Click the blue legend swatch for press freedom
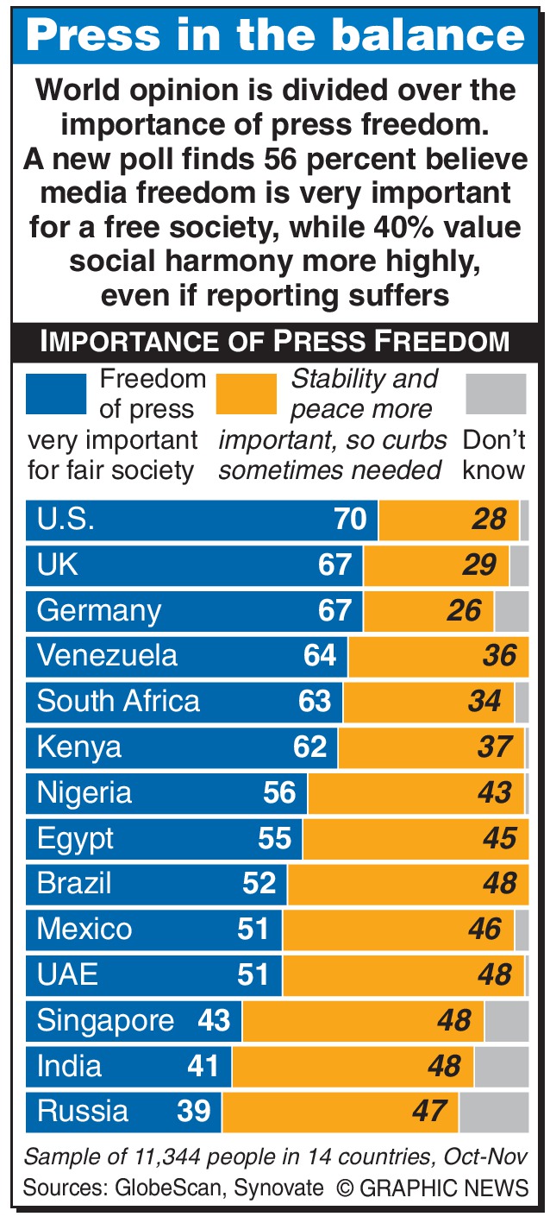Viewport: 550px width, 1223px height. pos(56,394)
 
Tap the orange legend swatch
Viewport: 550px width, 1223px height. pos(247,394)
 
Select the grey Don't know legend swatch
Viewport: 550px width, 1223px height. pos(495,394)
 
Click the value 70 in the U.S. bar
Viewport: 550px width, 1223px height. pos(351,520)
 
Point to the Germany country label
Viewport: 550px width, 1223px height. pos(98,611)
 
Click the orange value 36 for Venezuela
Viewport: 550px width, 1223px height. pos(499,656)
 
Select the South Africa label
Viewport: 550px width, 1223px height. pos(118,701)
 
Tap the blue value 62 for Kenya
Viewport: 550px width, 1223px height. pos(310,747)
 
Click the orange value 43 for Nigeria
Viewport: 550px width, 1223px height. pos(495,792)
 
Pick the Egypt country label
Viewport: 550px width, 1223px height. pos(75,838)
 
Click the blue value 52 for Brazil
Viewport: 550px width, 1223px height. pos(259,884)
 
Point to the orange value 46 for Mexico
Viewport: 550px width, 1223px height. pos(484,930)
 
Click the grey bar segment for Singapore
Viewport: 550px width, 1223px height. pos(506,1021)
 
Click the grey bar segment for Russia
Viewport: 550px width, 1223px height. pos(493,1112)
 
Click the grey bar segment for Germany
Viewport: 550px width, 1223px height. pos(511,611)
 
